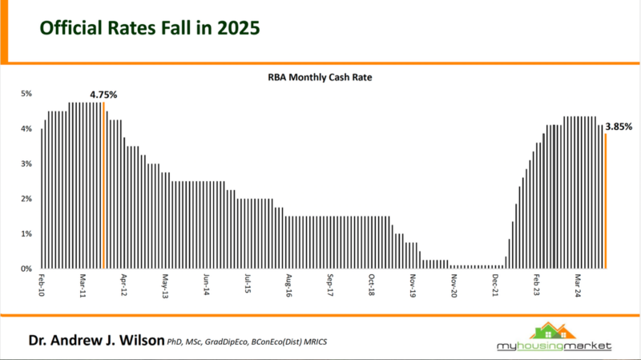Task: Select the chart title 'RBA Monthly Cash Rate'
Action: pyautogui.click(x=320, y=79)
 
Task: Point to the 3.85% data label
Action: pyautogui.click(x=619, y=126)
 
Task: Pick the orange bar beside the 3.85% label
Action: pyautogui.click(x=606, y=201)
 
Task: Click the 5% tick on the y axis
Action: pyautogui.click(x=26, y=94)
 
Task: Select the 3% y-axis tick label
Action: pyautogui.click(x=26, y=164)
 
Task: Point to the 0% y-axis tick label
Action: pyautogui.click(x=26, y=269)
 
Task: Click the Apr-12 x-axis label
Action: pyautogui.click(x=123, y=286)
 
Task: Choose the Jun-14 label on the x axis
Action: pyautogui.click(x=206, y=286)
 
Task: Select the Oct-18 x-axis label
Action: pyautogui.click(x=371, y=286)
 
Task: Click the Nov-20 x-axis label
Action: pyautogui.click(x=454, y=286)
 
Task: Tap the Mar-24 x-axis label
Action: pyautogui.click(x=577, y=286)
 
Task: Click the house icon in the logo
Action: pyautogui.click(x=554, y=330)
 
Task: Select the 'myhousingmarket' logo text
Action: pyautogui.click(x=554, y=346)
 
